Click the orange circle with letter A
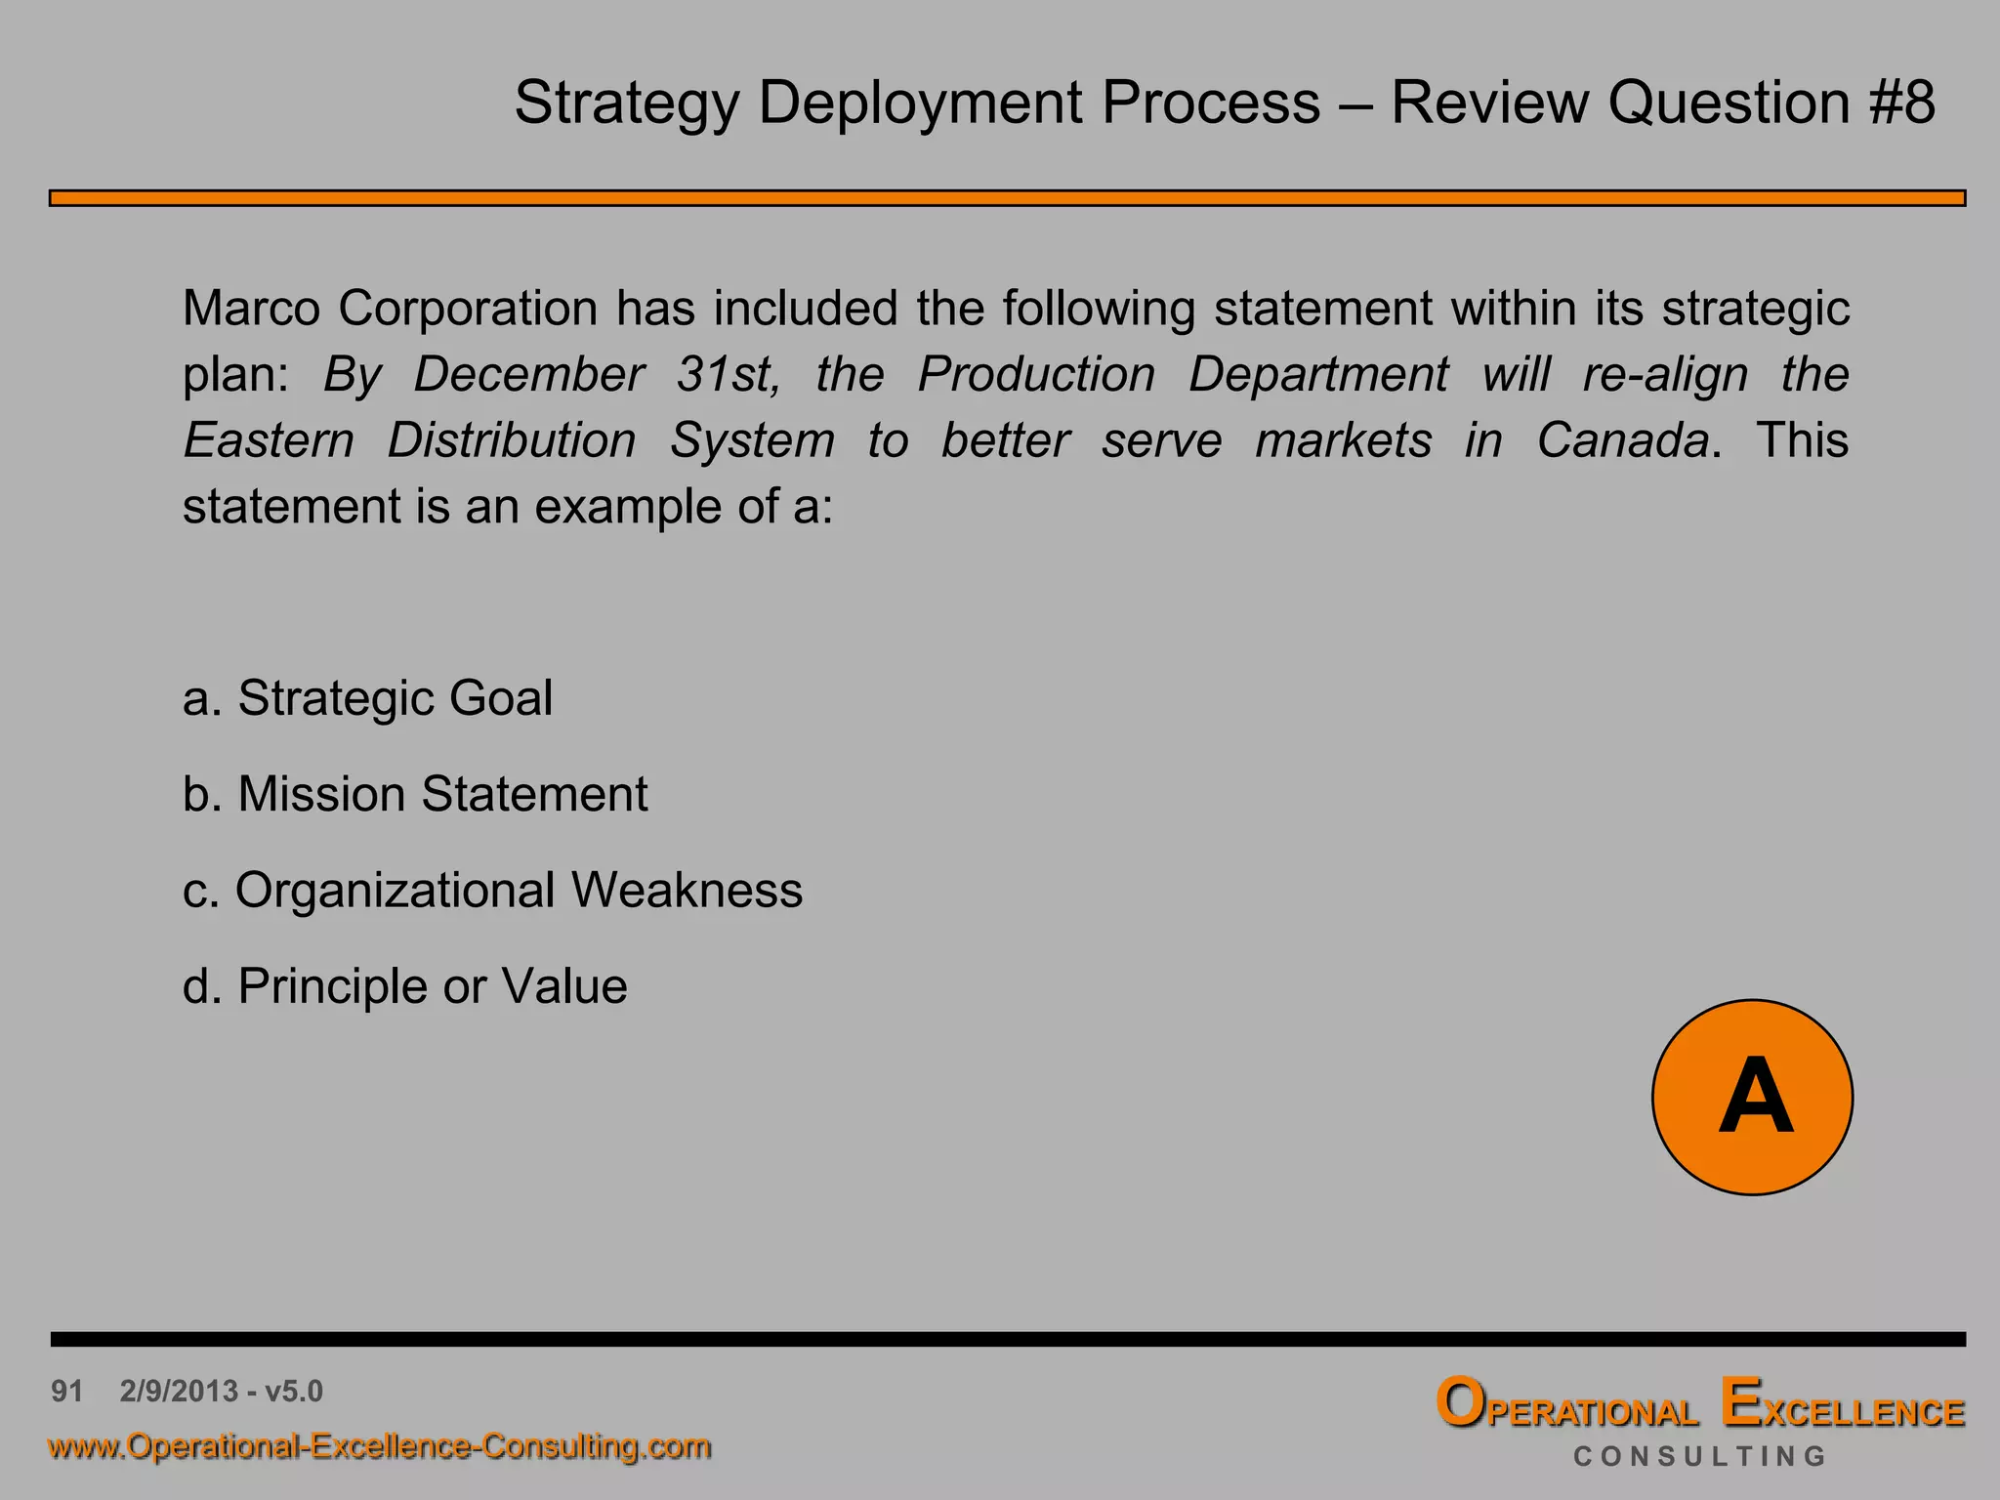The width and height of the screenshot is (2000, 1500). [1752, 1097]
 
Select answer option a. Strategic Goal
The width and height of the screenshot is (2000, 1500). [367, 698]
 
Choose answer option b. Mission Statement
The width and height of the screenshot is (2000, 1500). [415, 794]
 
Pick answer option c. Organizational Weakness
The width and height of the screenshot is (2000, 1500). [492, 890]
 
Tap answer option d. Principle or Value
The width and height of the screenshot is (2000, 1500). [404, 986]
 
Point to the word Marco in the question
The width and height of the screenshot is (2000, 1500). [251, 309]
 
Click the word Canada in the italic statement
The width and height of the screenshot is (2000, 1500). [1623, 440]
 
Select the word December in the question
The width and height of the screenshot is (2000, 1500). [528, 375]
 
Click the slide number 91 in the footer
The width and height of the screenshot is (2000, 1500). [67, 1391]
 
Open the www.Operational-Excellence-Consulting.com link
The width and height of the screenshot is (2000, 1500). [380, 1445]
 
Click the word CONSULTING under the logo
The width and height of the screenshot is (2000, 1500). [1699, 1456]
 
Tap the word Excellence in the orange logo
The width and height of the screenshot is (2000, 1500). [1843, 1406]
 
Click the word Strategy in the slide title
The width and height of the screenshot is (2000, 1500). [626, 104]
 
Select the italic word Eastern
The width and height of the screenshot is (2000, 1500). [269, 440]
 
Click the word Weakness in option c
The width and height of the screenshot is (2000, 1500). [687, 890]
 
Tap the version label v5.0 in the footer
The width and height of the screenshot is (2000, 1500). [294, 1391]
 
